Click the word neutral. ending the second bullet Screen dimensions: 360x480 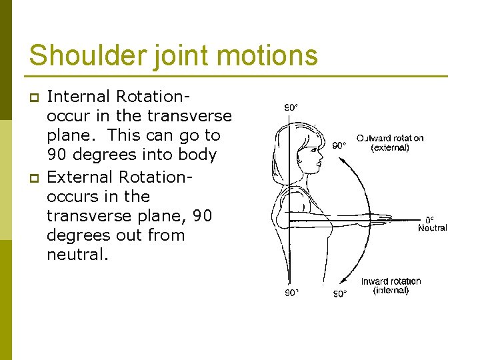(77, 254)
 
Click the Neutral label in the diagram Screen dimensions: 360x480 (433, 228)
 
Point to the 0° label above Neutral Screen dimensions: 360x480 (431, 219)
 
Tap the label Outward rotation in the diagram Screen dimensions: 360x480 (389, 138)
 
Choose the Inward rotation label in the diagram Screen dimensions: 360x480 (391, 281)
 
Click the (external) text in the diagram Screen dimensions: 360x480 (390, 147)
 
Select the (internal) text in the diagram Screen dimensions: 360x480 (391, 291)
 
